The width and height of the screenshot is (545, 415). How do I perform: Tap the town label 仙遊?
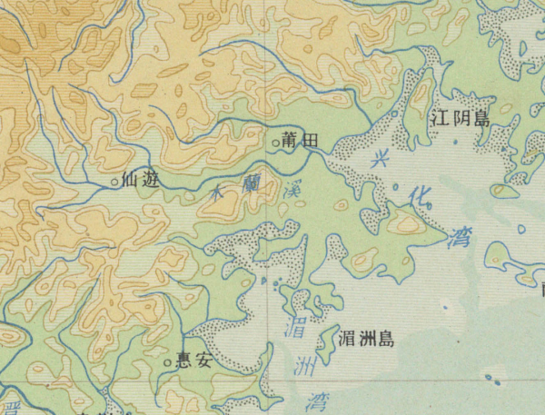pyautogui.click(x=142, y=181)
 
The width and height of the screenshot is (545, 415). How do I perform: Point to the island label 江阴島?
pyautogui.click(x=461, y=118)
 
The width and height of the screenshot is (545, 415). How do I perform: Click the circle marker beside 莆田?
pyautogui.click(x=276, y=143)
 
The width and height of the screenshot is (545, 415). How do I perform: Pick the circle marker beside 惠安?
pyautogui.click(x=168, y=363)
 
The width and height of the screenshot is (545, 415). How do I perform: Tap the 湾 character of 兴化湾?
pyautogui.click(x=459, y=238)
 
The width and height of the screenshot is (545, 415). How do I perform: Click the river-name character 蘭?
pyautogui.click(x=254, y=185)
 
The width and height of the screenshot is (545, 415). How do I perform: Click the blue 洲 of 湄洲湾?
pyautogui.click(x=306, y=367)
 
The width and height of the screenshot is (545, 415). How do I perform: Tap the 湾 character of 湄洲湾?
pyautogui.click(x=316, y=400)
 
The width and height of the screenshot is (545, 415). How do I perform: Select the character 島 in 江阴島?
pyautogui.click(x=481, y=119)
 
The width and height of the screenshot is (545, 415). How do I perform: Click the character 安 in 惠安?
pyautogui.click(x=203, y=361)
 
